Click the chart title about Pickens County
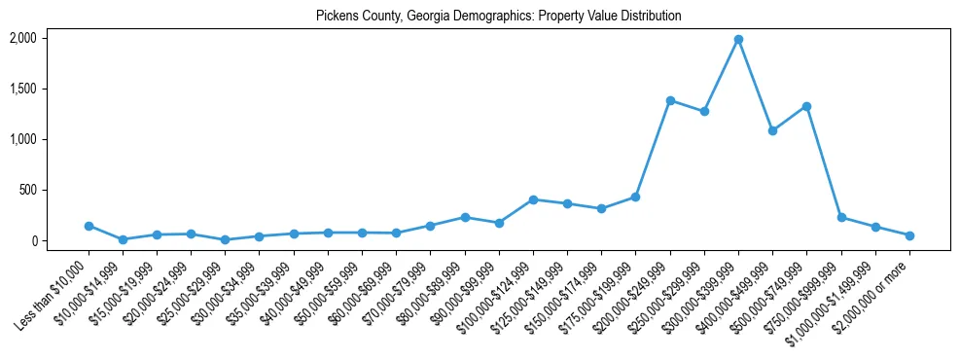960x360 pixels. pos(498,17)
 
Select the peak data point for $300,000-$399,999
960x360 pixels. pos(738,39)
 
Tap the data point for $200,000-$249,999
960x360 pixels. pos(670,100)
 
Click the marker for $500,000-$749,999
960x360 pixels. pos(806,106)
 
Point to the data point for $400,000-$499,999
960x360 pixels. pos(772,130)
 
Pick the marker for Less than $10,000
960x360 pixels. pos(89,226)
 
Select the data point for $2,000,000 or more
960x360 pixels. pos(909,235)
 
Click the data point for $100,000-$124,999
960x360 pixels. pos(533,199)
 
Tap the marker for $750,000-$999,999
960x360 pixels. pos(841,217)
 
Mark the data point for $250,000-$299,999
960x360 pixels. pos(704,111)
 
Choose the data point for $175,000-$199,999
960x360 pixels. pos(635,197)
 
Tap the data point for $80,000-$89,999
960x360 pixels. pos(465,217)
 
